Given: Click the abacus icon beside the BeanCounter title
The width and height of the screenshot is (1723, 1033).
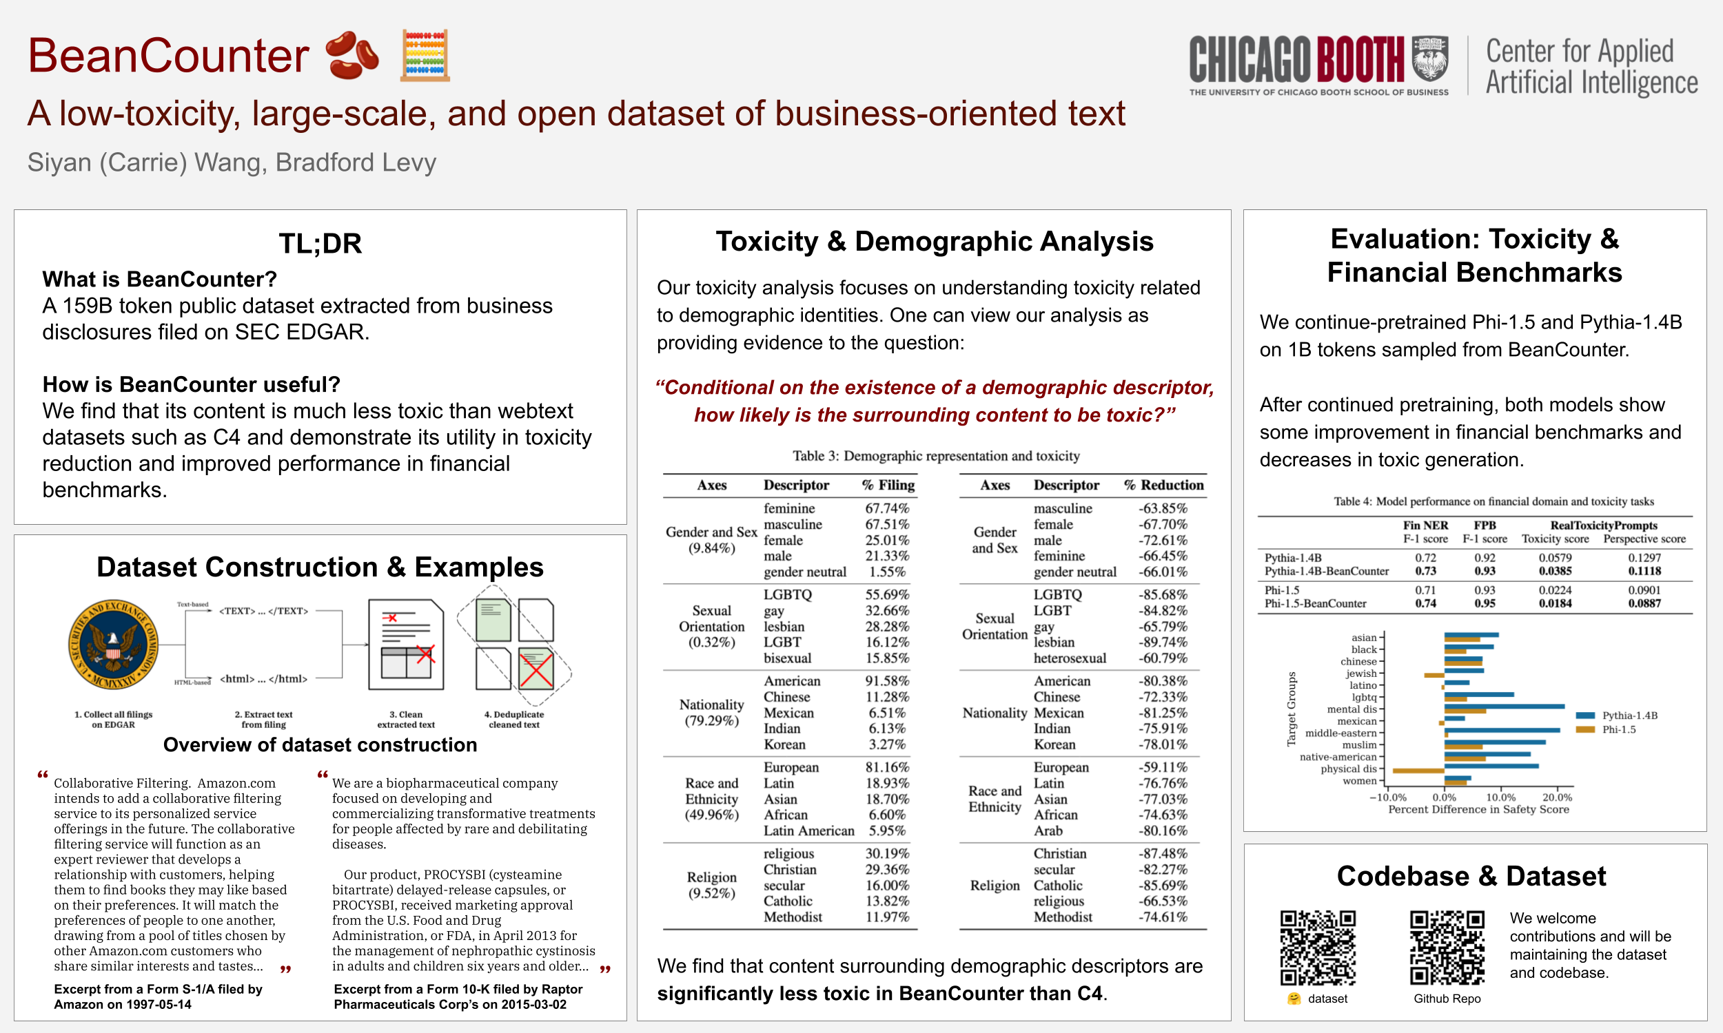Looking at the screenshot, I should [x=425, y=56].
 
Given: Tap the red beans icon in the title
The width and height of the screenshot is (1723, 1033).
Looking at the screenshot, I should [x=352, y=55].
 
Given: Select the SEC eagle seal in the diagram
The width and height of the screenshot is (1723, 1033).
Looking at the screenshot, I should [x=113, y=645].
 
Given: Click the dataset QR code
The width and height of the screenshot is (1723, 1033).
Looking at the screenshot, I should [x=1318, y=948].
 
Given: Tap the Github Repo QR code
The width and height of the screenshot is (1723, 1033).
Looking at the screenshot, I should [x=1447, y=948].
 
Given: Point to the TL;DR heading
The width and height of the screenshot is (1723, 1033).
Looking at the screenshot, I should [x=320, y=244].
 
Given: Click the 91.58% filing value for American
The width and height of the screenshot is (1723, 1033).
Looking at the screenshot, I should [x=886, y=681].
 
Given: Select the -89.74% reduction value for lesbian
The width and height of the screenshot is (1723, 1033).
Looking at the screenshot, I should [x=1163, y=642].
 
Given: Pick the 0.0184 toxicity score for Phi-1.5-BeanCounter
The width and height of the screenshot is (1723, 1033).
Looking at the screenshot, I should [x=1554, y=603].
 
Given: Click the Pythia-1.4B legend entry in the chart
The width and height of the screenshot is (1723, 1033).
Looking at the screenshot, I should [x=1615, y=716].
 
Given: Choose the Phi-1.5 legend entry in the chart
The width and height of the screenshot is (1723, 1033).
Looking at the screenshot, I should [x=1606, y=729].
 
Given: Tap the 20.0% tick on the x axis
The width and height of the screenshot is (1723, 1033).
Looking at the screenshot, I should [x=1556, y=797].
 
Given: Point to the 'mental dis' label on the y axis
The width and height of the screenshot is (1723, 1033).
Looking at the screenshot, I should [x=1352, y=709].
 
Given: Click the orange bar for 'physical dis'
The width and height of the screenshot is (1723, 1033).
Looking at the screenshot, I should [x=1417, y=771].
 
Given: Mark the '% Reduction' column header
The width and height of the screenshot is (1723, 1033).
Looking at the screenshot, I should [x=1163, y=486].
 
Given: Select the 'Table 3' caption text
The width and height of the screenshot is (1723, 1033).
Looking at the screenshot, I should [x=935, y=456].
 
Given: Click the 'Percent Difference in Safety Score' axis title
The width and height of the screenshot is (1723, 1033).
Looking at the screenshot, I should [x=1478, y=810].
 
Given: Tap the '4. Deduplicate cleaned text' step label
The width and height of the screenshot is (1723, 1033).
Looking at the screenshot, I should [x=514, y=719].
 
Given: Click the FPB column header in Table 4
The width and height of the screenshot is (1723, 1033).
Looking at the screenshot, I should [x=1484, y=525].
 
